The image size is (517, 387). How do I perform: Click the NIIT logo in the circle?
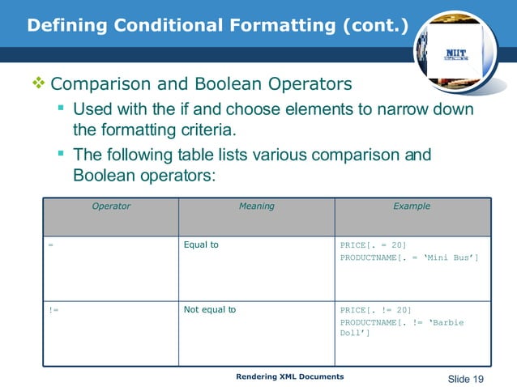tap(457, 55)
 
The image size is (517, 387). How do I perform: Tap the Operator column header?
tap(111, 206)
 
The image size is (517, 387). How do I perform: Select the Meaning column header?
tap(256, 206)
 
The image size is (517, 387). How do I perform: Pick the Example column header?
tap(412, 206)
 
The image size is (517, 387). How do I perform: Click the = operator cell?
tap(50, 245)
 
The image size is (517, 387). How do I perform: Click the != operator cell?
tap(53, 309)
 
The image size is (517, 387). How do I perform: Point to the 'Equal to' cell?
tap(201, 245)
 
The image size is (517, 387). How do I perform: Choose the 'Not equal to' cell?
tap(210, 309)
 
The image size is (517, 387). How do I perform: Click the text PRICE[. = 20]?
tap(373, 245)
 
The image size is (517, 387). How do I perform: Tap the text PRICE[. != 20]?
tap(375, 309)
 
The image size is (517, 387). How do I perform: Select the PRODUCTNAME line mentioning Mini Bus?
tap(408, 257)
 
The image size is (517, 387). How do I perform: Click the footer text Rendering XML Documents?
tap(289, 377)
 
